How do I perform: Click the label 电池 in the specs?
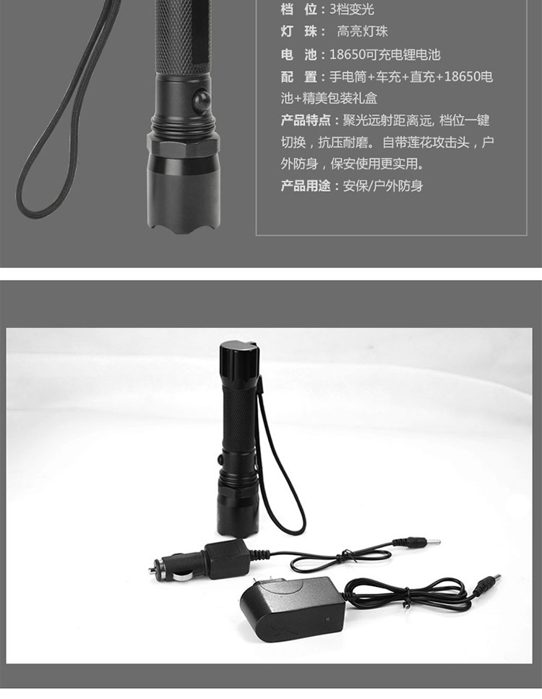coord(298,54)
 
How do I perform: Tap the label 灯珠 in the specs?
coord(298,31)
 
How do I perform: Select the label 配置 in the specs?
coord(298,77)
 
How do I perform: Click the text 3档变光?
coord(351,9)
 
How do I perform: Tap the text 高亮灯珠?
coord(363,31)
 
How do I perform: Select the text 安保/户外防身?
coord(383,185)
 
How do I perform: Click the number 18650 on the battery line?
coord(347,54)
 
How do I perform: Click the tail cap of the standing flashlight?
coord(239,355)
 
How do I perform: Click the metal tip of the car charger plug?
coord(155,568)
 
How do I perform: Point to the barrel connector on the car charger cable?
coord(423,543)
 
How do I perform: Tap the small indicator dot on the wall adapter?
coord(328,619)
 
